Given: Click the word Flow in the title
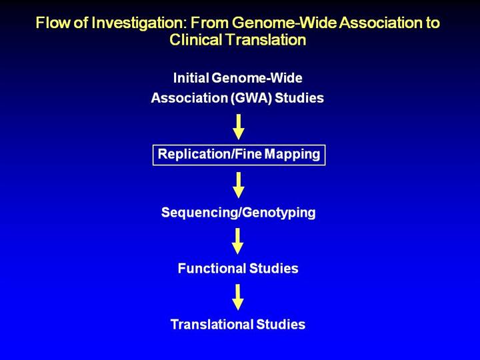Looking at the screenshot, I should [51, 23].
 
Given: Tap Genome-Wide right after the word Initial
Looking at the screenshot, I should [261, 78].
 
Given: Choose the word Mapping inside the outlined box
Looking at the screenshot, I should [291, 155].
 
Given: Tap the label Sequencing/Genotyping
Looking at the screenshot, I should [238, 213].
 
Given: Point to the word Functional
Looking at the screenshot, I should [213, 269].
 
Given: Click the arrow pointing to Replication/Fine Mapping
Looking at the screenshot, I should [238, 127].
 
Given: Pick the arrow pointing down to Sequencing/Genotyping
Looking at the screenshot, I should [238, 185].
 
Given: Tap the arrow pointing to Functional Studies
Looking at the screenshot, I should [238, 241].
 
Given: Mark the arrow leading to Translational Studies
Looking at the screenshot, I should [238, 297].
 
